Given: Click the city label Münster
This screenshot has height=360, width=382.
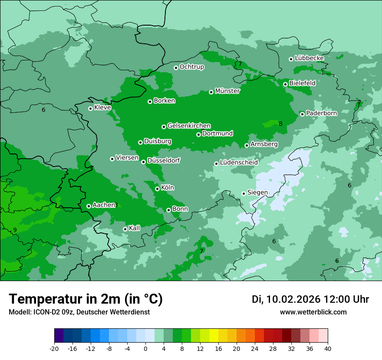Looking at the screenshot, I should [227, 91].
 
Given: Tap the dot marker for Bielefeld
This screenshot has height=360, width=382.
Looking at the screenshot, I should [285, 84].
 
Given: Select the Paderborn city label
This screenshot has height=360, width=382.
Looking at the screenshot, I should [321, 113].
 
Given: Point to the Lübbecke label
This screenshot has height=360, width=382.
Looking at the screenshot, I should [309, 58].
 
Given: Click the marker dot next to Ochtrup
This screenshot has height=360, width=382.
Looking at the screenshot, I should [176, 67].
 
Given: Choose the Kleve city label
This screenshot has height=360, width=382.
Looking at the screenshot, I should [102, 108].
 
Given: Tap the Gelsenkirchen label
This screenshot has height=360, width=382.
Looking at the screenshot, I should [189, 126].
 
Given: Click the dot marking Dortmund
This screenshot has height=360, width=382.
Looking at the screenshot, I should [198, 134].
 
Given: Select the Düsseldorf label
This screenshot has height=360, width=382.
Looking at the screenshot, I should [163, 160].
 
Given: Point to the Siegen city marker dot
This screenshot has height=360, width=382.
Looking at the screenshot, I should [244, 193].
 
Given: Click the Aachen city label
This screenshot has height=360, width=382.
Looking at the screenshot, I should [104, 205].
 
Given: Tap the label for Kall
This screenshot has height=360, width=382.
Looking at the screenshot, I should [135, 228].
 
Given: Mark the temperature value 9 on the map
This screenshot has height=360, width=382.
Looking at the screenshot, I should [15, 230].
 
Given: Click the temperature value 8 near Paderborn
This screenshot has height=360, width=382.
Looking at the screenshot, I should [280, 124].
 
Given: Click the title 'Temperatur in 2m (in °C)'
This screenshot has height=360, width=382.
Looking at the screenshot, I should [86, 299].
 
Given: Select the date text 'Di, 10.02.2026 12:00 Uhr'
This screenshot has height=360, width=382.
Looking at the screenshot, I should [310, 299].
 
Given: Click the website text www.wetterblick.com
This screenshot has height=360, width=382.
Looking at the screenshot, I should [313, 312].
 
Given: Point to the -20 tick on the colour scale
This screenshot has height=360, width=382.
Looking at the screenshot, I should [54, 348].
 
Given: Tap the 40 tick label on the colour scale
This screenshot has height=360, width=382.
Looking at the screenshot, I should [327, 348].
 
